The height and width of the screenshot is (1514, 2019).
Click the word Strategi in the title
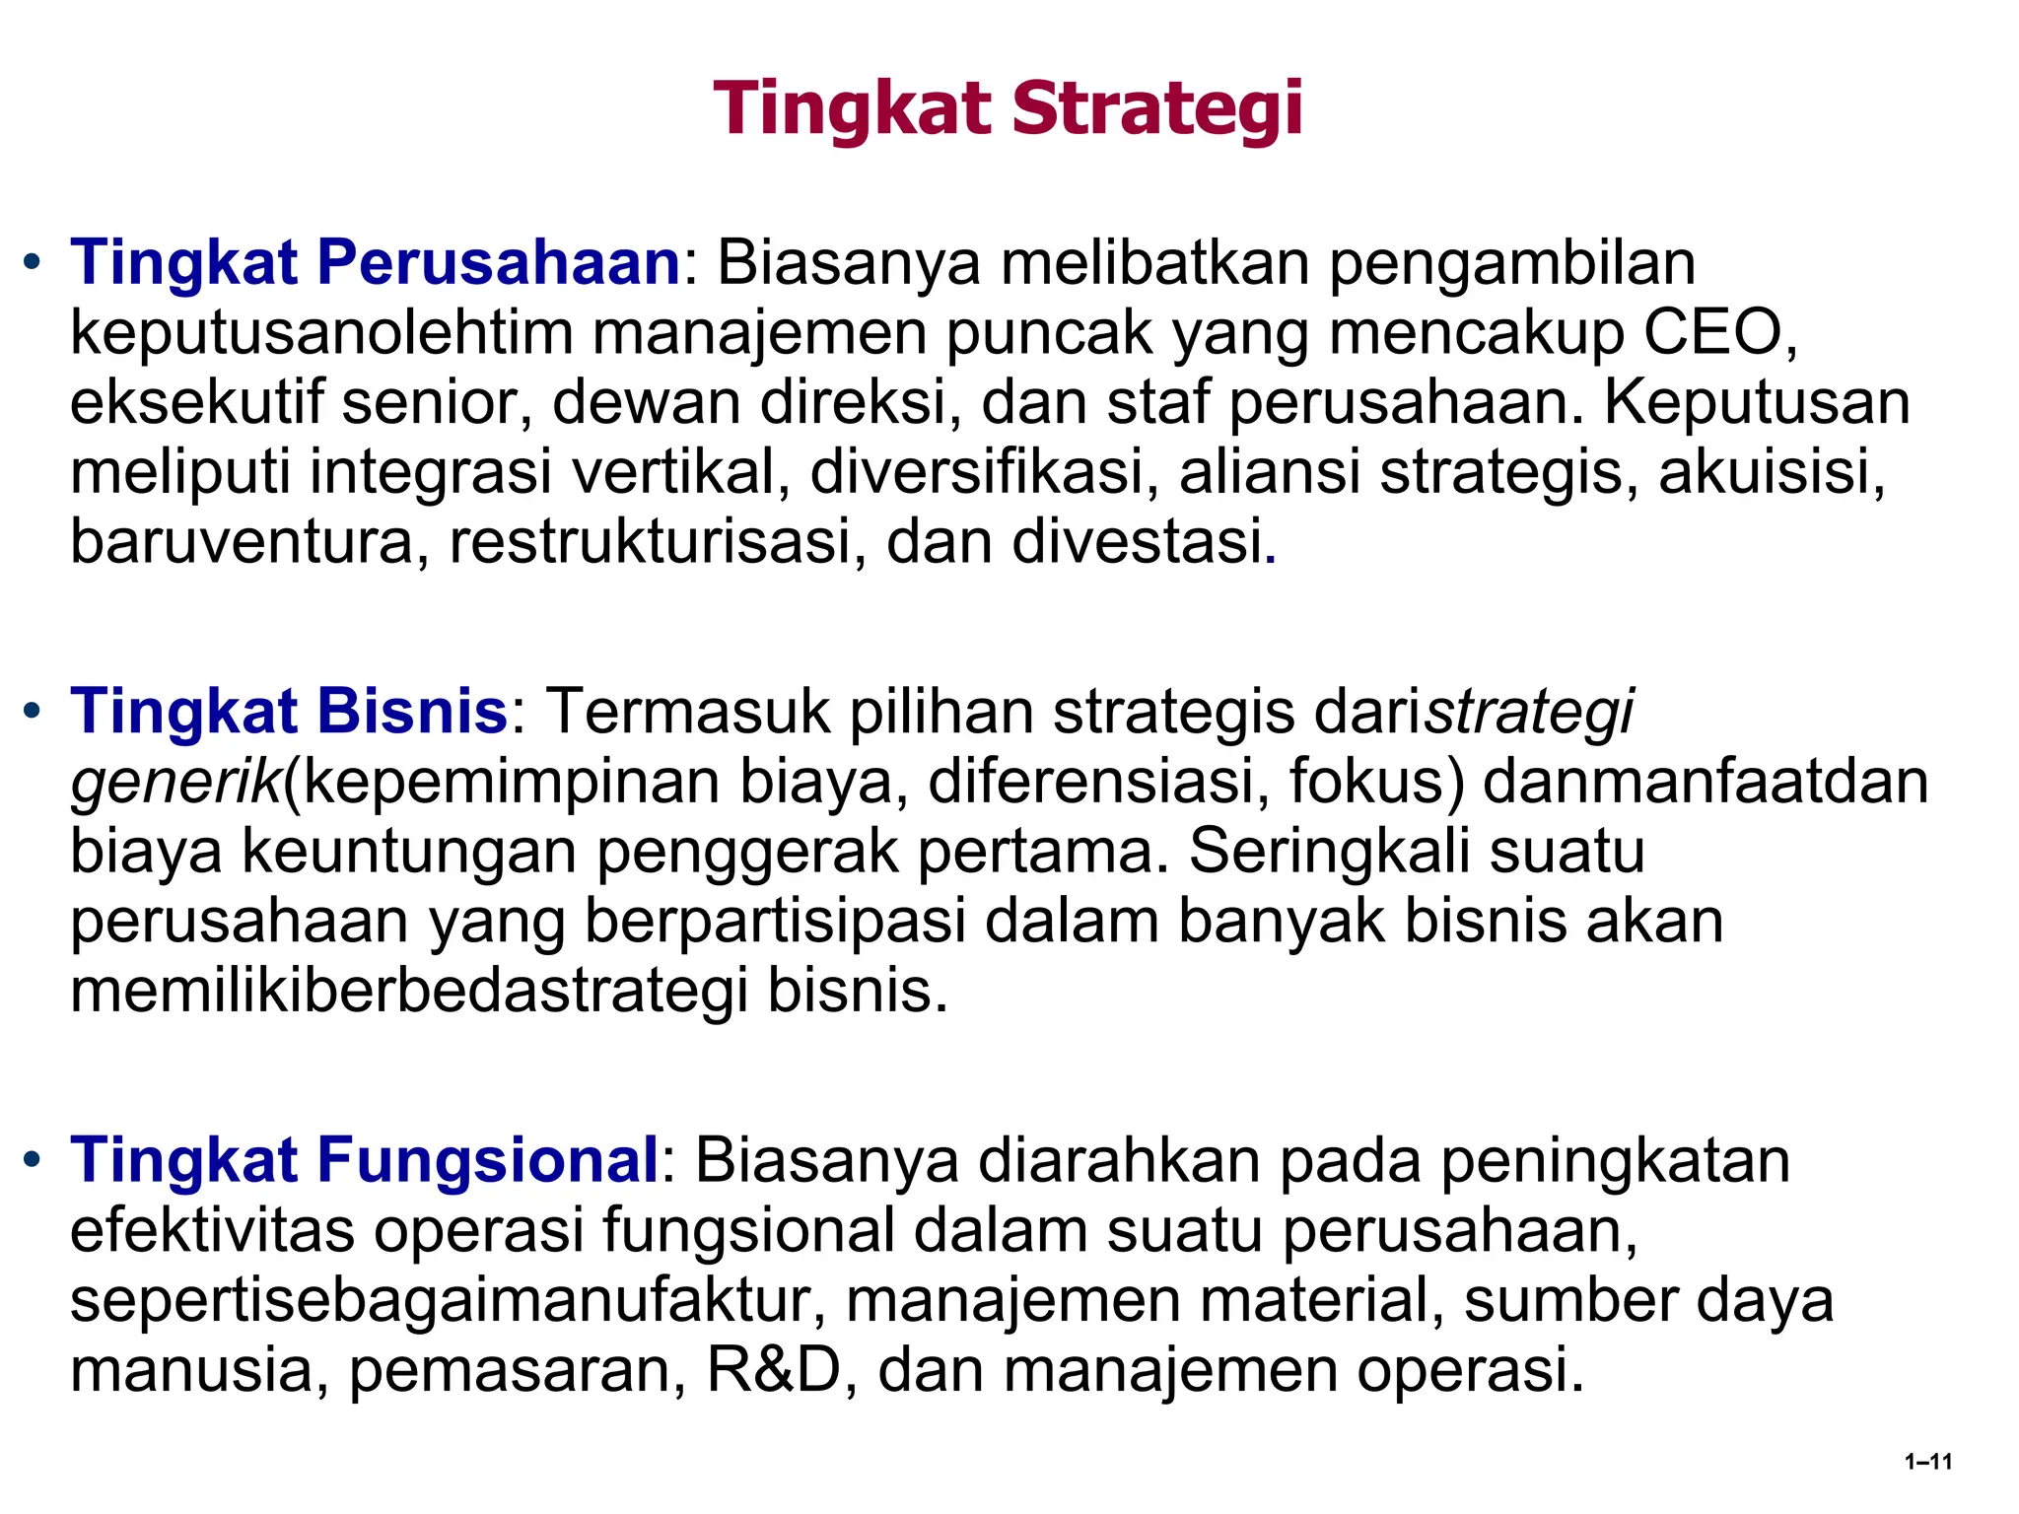[1157, 109]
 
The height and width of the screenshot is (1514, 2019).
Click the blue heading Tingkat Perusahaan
[375, 263]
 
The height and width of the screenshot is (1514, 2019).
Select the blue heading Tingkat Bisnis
[288, 712]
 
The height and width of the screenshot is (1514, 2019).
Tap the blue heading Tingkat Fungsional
[364, 1160]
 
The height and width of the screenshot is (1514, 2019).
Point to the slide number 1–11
[1928, 1462]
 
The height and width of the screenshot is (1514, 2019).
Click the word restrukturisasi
[651, 543]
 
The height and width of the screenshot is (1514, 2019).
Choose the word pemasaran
[517, 1370]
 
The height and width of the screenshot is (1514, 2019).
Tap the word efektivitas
[212, 1230]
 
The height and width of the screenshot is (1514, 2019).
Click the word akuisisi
[1772, 473]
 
